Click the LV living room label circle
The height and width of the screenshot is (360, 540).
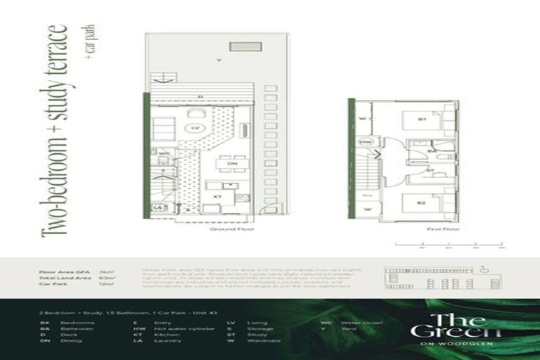197,128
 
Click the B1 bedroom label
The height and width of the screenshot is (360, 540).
422,120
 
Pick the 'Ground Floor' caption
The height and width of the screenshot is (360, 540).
227,229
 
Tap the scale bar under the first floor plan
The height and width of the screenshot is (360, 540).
449,245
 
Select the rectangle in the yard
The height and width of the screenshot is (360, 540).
250,47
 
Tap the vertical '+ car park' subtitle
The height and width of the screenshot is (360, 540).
89,41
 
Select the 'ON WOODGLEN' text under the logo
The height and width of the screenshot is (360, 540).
457,344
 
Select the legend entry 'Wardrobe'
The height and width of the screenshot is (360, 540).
259,340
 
